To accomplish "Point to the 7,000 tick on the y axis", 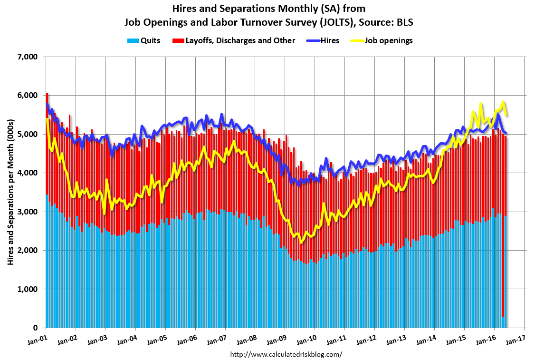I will [27, 57].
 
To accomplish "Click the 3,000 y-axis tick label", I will [27, 212].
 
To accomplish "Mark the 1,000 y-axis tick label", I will [27, 289].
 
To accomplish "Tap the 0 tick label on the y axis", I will [35, 328].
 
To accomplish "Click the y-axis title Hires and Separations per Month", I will [10, 192].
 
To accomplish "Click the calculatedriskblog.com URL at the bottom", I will [286, 354].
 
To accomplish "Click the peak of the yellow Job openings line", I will [503, 102].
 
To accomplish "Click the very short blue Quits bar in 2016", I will [503, 322].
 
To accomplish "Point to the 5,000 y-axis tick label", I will [27, 134].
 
